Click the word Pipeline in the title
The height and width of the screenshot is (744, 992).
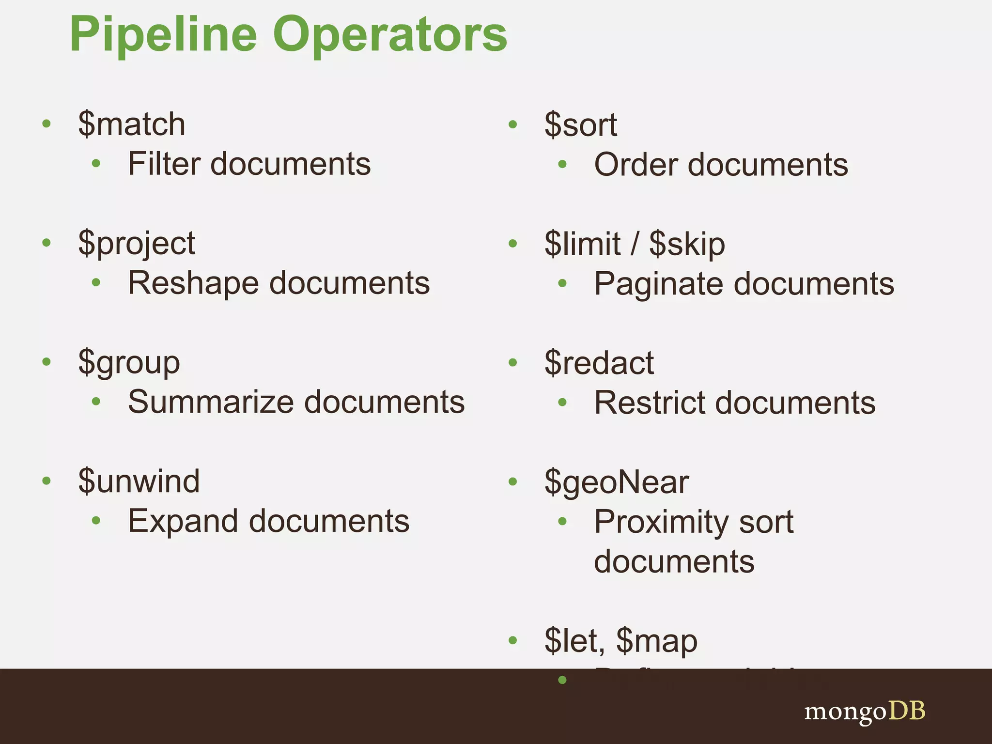coord(163,35)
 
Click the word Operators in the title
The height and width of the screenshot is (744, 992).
coord(390,35)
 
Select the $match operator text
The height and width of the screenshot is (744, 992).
coord(132,124)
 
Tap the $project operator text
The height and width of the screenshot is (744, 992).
coord(137,243)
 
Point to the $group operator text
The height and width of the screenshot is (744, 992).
coord(129,362)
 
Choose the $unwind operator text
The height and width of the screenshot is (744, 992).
coord(139,481)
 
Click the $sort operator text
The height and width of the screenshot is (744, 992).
coord(581,125)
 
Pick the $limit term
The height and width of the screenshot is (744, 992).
coord(583,244)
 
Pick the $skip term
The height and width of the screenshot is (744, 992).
coord(687,244)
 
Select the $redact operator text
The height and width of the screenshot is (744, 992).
coord(599,363)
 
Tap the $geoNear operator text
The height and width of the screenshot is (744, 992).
coord(617,482)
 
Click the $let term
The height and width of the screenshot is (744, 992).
coord(573,640)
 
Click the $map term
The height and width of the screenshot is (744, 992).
coord(657,640)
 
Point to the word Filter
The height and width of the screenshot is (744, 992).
coord(164,164)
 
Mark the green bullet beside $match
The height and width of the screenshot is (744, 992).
coord(46,124)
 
